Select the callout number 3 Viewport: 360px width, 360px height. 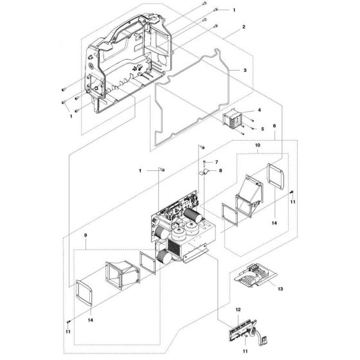point(245,69)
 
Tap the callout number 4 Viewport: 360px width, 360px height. point(259,111)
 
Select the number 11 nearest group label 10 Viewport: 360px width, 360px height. point(291,202)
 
